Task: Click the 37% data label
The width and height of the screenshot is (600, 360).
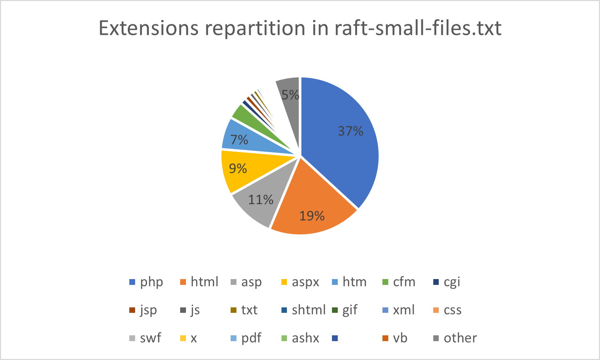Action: click(x=350, y=131)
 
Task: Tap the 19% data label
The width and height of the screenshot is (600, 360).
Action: click(x=312, y=216)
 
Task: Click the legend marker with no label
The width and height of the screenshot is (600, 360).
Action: click(x=335, y=338)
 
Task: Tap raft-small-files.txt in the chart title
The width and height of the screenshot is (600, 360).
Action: click(x=418, y=28)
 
